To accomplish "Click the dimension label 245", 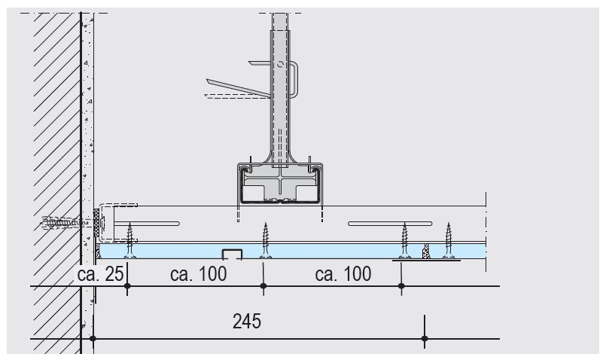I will [x=247, y=322].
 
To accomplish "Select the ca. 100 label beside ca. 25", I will [x=198, y=274].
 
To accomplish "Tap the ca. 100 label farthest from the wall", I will [x=343, y=274].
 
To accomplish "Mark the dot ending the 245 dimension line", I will [x=425, y=339].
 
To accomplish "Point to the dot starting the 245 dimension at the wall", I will [x=93, y=339].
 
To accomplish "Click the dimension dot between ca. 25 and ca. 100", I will [x=127, y=286].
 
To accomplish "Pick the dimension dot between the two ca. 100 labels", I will [x=263, y=286].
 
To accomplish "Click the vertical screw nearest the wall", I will [x=130, y=239].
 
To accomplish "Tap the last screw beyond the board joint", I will [x=449, y=239].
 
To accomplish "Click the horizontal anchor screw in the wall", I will [x=64, y=223].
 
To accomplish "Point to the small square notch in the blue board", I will [x=231, y=253].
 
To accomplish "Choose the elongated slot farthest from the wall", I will [x=389, y=223].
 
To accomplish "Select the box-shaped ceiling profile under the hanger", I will [x=279, y=183].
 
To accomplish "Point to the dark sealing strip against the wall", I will [x=96, y=220].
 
